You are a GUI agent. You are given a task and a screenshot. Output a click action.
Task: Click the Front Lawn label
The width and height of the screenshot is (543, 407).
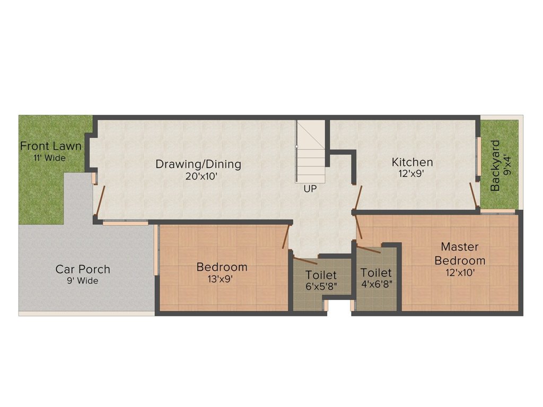pyautogui.click(x=50, y=146)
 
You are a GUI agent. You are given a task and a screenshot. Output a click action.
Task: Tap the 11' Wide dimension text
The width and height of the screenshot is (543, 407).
pyautogui.click(x=49, y=158)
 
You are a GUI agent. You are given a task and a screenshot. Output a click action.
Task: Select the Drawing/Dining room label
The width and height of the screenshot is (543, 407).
pyautogui.click(x=198, y=164)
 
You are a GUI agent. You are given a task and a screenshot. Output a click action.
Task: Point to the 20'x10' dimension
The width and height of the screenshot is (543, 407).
pyautogui.click(x=201, y=176)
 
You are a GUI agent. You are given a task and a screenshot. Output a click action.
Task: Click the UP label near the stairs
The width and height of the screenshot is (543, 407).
pyautogui.click(x=310, y=189)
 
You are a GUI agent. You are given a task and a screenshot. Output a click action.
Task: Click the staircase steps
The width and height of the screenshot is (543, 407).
pyautogui.click(x=311, y=152)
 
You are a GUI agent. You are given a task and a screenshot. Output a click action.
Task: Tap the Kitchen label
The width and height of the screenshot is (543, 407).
pyautogui.click(x=412, y=162)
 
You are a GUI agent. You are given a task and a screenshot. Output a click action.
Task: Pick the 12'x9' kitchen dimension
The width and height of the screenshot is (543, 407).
pyautogui.click(x=411, y=173)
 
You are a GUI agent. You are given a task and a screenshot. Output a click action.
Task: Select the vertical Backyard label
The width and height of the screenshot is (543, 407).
pyautogui.click(x=496, y=165)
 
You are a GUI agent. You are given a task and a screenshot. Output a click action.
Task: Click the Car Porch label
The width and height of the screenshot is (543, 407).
pyautogui.click(x=83, y=269)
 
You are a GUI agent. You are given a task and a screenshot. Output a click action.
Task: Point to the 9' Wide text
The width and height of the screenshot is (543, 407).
pyautogui.click(x=82, y=281)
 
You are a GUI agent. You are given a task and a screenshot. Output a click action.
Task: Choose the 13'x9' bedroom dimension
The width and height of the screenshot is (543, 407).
pyautogui.click(x=220, y=279)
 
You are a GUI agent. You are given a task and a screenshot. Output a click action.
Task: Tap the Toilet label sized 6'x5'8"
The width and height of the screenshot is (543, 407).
pyautogui.click(x=321, y=275)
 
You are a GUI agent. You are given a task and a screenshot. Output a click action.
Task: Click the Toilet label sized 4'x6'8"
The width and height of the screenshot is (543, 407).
pyautogui.click(x=376, y=273)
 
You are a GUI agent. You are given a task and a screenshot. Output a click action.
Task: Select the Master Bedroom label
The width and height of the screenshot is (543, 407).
pyautogui.click(x=460, y=254)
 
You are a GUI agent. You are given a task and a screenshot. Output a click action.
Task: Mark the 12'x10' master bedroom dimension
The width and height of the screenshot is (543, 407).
pyautogui.click(x=460, y=273)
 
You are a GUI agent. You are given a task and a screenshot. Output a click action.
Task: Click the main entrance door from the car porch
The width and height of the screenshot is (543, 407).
pyautogui.click(x=100, y=201)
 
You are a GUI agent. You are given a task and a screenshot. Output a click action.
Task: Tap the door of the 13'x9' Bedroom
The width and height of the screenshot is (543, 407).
pyautogui.click(x=285, y=237)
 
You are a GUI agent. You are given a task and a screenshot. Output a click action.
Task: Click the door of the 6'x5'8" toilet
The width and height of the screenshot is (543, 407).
pyautogui.click(x=305, y=261)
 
